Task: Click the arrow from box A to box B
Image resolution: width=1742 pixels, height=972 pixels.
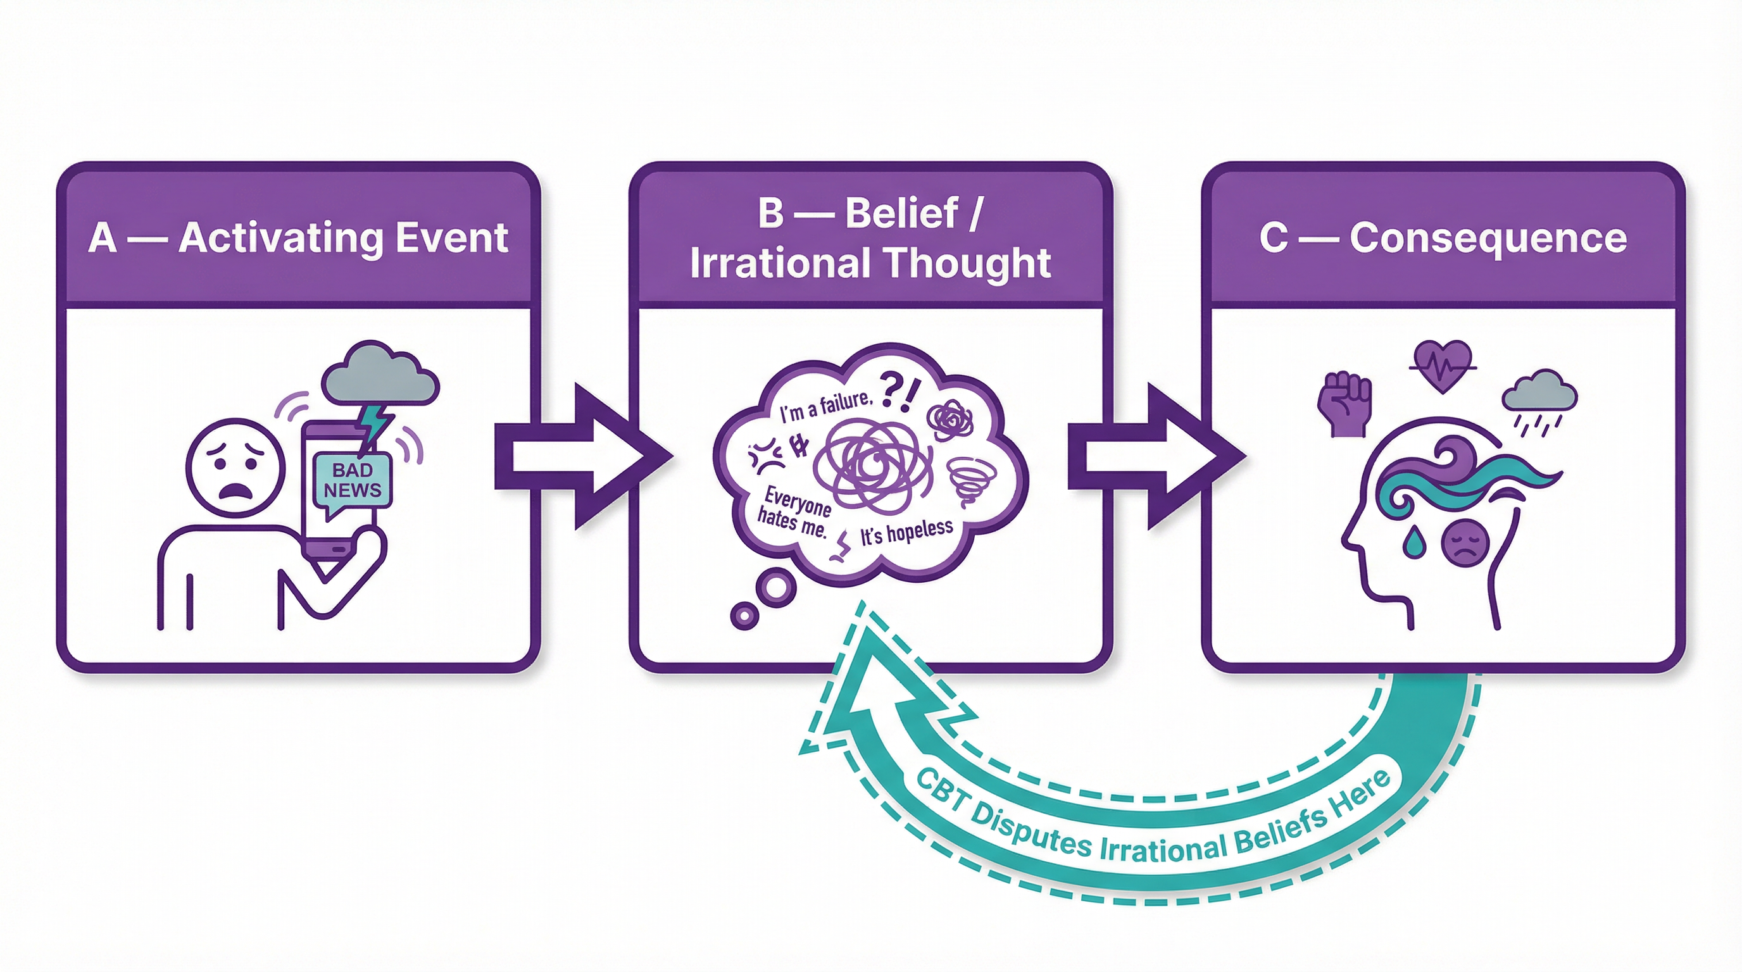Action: tap(582, 457)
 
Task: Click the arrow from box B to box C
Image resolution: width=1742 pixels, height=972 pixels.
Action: tap(1155, 457)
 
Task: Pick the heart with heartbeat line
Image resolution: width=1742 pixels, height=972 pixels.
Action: tap(1443, 366)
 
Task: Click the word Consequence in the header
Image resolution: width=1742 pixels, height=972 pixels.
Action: tap(1488, 238)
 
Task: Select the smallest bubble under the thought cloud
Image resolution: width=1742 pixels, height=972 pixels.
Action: tap(744, 616)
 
